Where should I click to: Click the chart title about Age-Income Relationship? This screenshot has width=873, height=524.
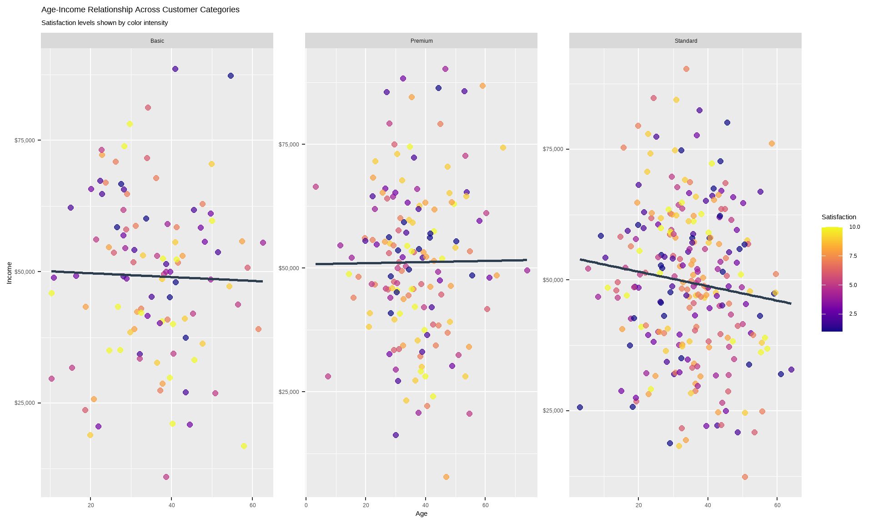140,10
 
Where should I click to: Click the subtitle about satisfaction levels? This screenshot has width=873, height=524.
105,23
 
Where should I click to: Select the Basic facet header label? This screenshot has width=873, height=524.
157,41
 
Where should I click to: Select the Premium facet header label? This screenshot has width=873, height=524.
421,41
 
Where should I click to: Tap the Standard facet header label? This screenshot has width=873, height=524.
686,41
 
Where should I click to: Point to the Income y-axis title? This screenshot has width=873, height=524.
9,273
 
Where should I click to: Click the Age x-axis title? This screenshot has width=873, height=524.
421,514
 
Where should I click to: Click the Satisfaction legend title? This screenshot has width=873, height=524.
838,217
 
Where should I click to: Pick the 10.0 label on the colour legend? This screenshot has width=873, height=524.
854,227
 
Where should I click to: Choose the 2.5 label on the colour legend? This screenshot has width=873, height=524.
853,314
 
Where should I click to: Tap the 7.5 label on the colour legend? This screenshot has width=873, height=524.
853,256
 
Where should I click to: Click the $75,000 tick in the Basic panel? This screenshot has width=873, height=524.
25,141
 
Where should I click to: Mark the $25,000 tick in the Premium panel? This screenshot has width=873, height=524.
289,392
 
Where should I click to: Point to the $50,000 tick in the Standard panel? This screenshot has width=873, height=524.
553,280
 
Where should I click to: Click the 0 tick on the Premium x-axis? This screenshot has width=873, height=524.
306,505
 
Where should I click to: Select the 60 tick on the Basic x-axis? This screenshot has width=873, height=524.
253,505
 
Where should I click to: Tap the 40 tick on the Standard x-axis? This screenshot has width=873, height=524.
708,505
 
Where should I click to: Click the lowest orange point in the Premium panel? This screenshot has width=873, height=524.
446,477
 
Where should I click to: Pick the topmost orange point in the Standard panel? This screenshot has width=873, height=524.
686,69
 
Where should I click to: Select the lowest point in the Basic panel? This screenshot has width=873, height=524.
166,477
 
